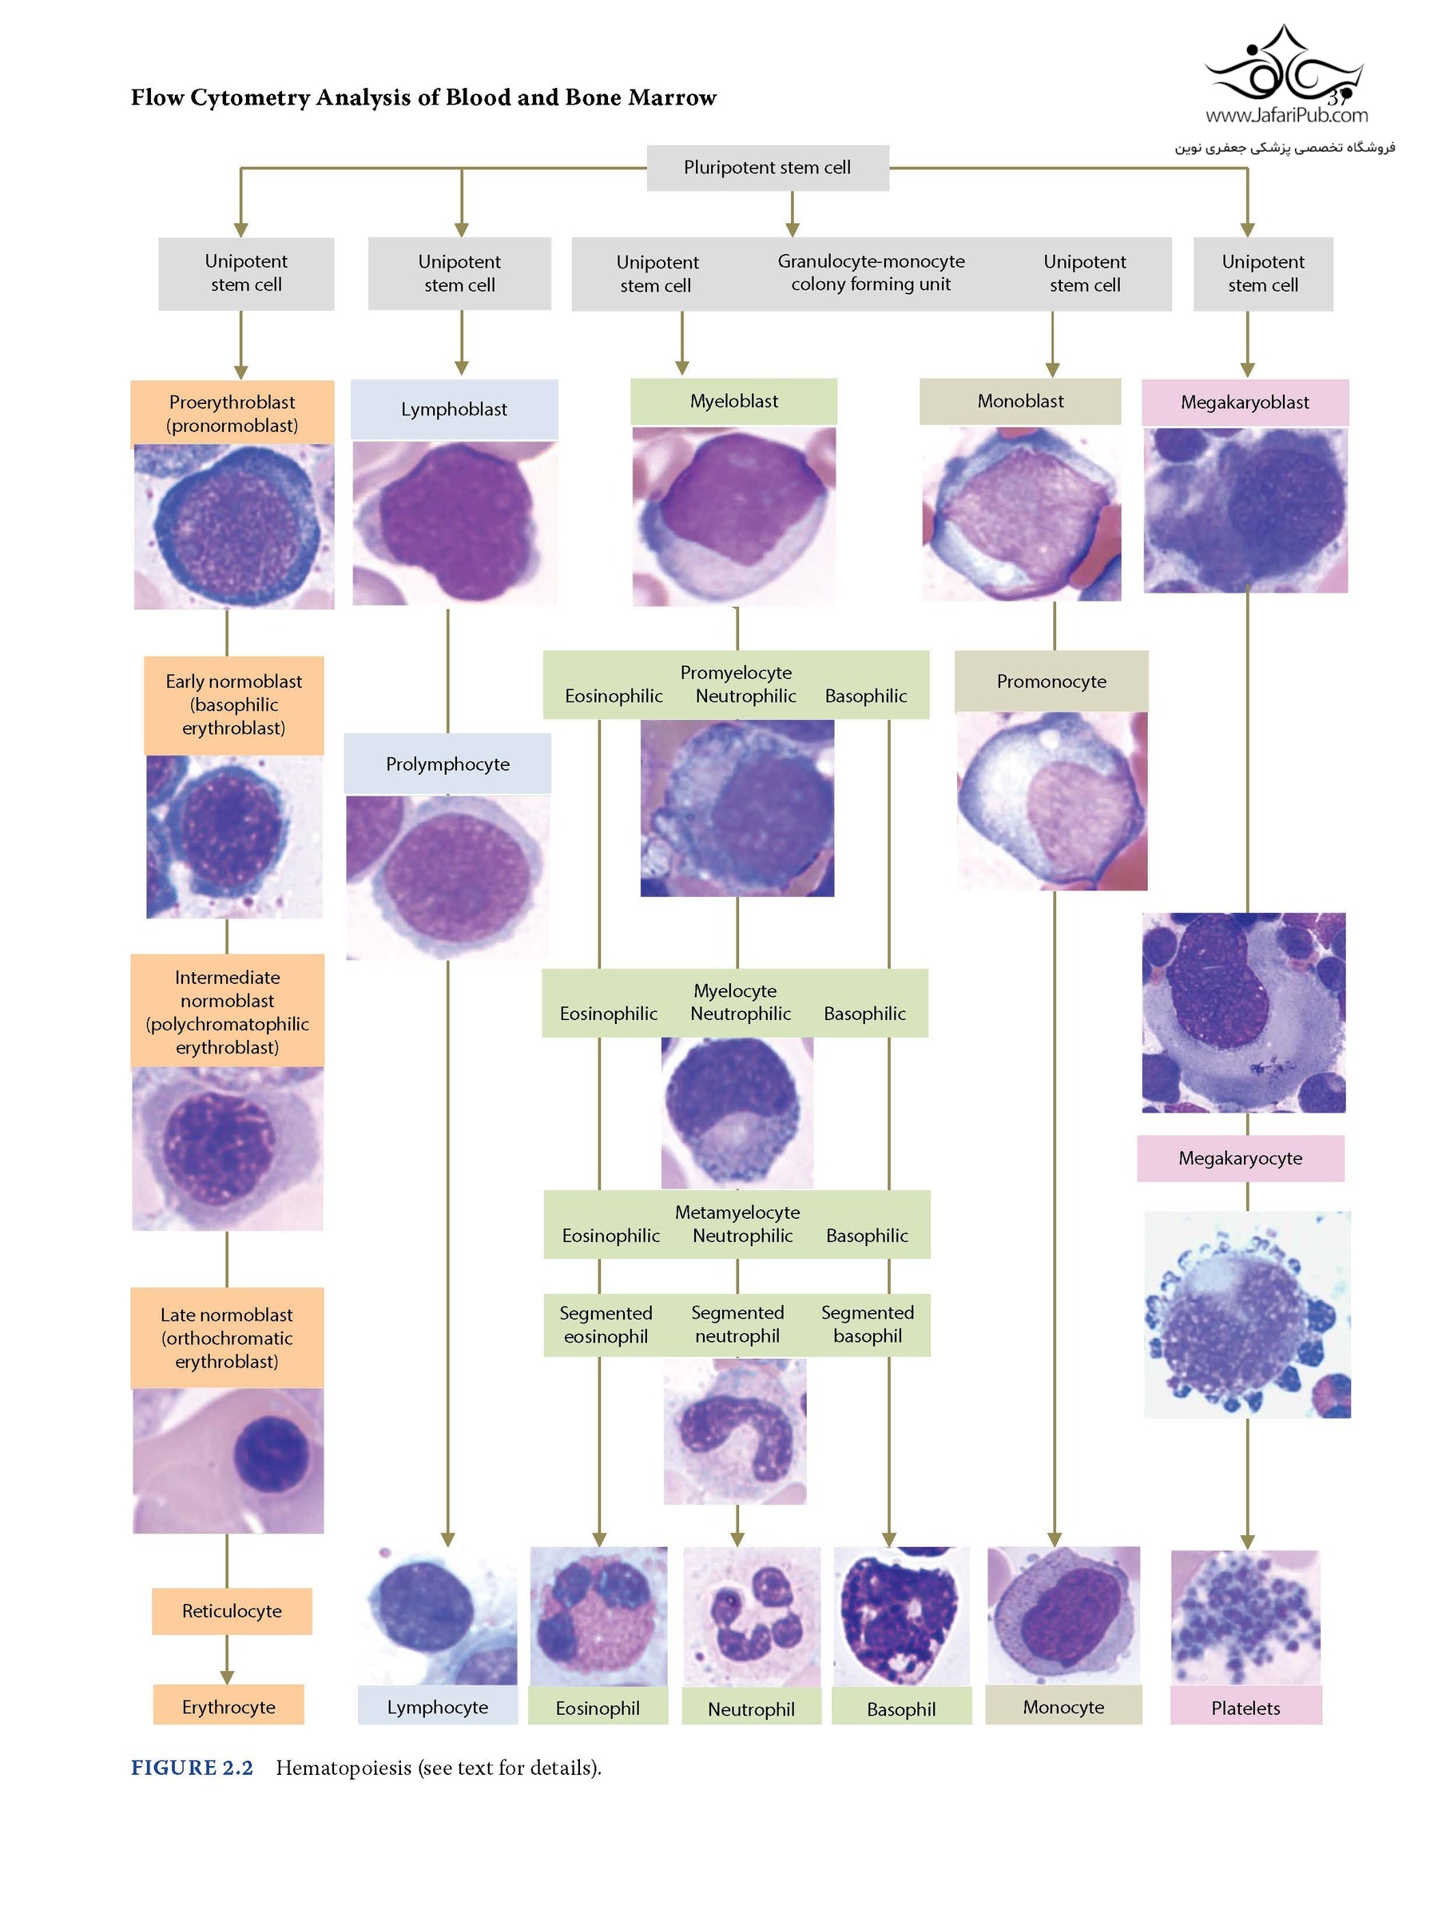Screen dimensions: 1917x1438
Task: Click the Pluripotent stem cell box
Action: tap(767, 167)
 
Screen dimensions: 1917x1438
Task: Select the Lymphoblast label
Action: tap(453, 409)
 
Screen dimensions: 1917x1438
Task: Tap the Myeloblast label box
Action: tap(733, 401)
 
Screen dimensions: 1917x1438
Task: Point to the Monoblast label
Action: tap(1020, 401)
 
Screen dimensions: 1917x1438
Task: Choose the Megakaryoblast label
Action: tap(1244, 402)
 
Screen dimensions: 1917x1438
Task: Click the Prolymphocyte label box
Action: tap(447, 764)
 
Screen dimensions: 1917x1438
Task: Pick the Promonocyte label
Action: tap(1051, 681)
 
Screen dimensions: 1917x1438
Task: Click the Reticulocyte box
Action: tap(232, 1610)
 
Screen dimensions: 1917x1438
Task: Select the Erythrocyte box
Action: tap(228, 1705)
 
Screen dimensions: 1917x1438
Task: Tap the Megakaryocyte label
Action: tap(1240, 1158)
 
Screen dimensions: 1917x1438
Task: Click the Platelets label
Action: tap(1245, 1707)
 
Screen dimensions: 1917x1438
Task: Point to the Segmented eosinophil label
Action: tap(605, 1324)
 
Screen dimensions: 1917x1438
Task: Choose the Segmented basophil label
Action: tap(867, 1324)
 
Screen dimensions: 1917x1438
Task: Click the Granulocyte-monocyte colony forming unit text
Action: tap(870, 273)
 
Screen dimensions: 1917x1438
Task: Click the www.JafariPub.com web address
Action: tap(1285, 115)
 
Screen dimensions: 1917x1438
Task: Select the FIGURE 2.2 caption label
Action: tap(192, 1767)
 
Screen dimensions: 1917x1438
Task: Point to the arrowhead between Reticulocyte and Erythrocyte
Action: tap(227, 1677)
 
